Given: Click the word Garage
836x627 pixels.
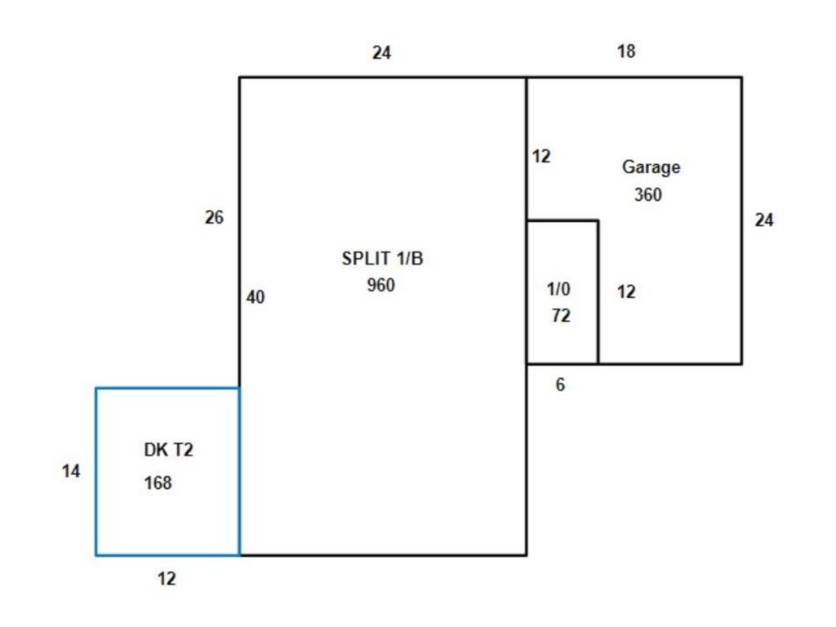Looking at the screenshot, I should (x=651, y=167).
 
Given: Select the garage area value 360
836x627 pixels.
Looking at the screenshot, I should (x=647, y=195).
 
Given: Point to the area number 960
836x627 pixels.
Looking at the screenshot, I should (x=381, y=285).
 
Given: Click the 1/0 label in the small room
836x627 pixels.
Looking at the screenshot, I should (x=559, y=289).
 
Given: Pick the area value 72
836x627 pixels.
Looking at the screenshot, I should (x=561, y=316).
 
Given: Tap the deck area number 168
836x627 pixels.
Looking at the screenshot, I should (x=158, y=483).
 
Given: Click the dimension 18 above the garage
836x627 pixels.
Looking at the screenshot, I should (x=626, y=51).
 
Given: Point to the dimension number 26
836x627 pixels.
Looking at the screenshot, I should (x=214, y=218).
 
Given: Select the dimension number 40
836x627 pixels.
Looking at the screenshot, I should (x=256, y=298).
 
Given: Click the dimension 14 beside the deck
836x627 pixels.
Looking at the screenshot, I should (x=71, y=471).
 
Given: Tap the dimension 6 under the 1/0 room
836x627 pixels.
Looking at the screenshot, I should (x=560, y=385).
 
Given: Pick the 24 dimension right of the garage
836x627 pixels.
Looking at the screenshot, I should (x=764, y=220).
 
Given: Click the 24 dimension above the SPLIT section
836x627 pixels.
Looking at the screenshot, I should (x=381, y=53).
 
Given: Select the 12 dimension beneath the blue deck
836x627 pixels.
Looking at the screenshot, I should (x=167, y=579).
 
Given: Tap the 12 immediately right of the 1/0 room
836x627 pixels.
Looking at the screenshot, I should (x=626, y=291).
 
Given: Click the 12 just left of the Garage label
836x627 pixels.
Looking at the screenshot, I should (x=541, y=156).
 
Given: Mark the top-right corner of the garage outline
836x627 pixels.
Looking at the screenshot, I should (x=741, y=78).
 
